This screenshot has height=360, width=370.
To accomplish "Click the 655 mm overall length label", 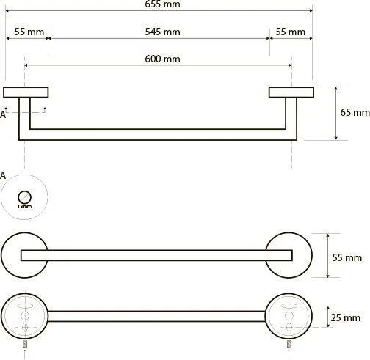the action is (162, 4).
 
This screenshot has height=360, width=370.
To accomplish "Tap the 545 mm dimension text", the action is (162, 32).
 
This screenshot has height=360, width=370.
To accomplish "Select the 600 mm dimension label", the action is (162, 59).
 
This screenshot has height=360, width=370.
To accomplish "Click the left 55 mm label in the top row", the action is (29, 32).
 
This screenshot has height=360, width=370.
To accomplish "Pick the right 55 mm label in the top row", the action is (291, 32).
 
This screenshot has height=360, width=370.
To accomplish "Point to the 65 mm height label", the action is (355, 112).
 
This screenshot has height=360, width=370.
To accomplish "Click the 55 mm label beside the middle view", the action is (347, 257).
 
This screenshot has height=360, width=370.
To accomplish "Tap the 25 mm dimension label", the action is (346, 317).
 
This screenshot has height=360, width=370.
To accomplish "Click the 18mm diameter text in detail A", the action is (24, 207).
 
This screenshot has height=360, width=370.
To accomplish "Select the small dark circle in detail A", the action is (24, 197).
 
